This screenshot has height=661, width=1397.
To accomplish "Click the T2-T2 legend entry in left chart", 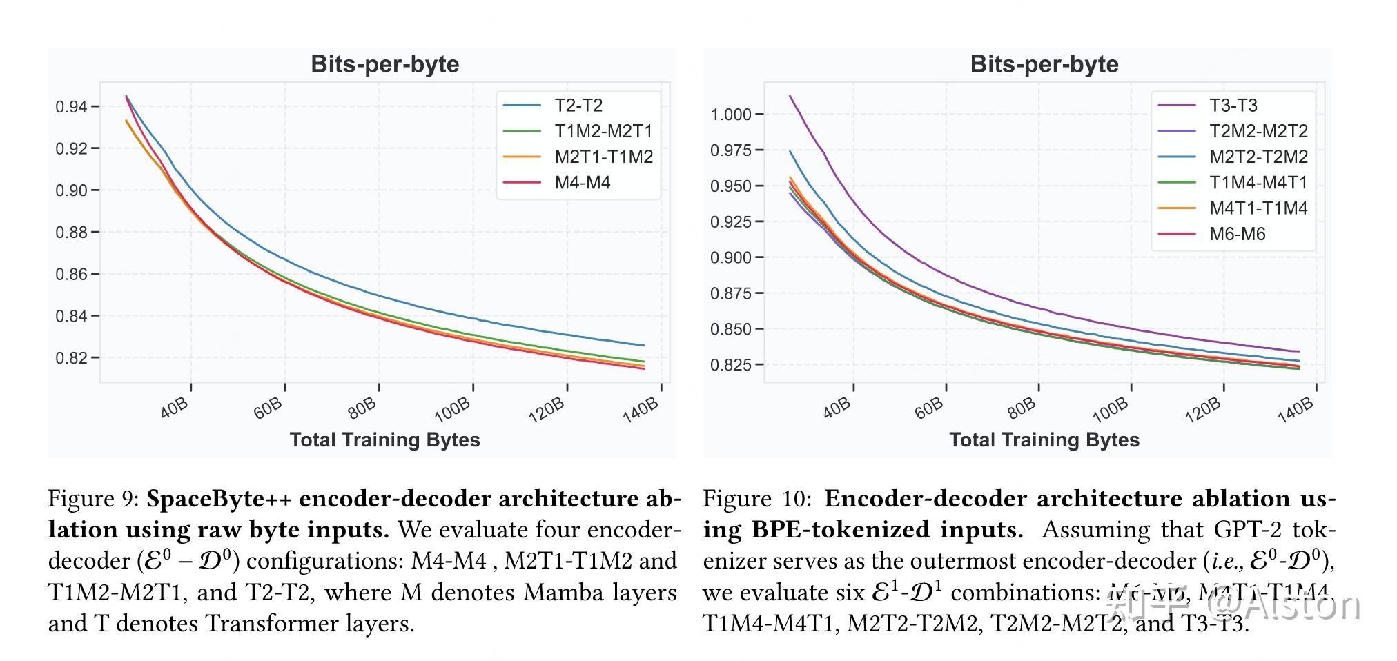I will (578, 106).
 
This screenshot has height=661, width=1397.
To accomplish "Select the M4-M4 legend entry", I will (582, 183).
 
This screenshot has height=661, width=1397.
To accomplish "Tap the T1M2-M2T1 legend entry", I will (603, 131).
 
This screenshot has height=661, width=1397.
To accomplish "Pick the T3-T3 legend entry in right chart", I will (1233, 106).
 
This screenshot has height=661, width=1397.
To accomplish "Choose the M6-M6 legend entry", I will (1237, 234).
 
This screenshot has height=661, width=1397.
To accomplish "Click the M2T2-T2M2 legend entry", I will (1258, 157).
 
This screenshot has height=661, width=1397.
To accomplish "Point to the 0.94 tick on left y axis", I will (71, 106).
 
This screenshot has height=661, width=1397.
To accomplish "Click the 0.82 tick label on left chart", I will (71, 358).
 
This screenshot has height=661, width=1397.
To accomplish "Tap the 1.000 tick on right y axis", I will (731, 115).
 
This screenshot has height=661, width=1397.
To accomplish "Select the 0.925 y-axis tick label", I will (731, 221).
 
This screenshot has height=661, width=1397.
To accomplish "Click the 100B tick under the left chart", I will (453, 410).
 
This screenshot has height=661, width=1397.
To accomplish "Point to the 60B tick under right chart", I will (929, 408).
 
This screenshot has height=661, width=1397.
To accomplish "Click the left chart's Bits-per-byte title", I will (384, 64).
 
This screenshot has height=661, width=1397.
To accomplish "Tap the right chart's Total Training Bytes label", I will (1044, 440).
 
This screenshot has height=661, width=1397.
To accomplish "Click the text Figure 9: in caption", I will (93, 499).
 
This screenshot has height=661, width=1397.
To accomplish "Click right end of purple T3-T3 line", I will (1299, 351).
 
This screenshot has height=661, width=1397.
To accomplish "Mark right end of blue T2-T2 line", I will (643, 345).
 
